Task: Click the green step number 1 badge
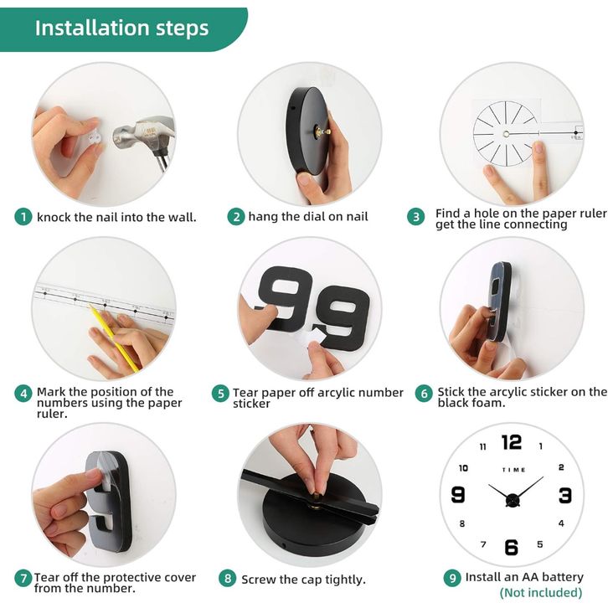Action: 23,217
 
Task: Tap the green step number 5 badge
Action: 220,394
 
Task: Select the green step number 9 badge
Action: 452,578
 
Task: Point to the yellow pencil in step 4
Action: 114,337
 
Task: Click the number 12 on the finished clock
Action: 512,442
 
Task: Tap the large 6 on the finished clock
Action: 512,547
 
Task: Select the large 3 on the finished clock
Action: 565,496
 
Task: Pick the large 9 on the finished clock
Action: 458,495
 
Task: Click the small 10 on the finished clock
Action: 463,468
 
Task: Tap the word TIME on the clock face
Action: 513,470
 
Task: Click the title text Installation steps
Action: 121,28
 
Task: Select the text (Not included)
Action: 541,592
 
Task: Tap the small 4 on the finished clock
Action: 561,523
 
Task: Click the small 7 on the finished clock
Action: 483,544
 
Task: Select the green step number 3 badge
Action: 416,216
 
